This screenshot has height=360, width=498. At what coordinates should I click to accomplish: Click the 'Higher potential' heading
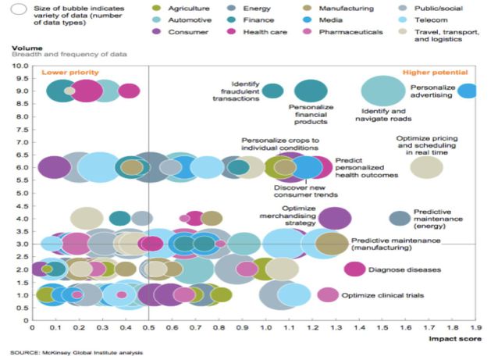(450, 72)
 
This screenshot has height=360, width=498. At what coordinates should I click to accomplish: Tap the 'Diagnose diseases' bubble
(354, 269)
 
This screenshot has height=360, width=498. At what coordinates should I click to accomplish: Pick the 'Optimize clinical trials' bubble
(328, 294)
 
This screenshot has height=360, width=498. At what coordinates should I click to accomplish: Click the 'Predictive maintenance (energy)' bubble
(400, 218)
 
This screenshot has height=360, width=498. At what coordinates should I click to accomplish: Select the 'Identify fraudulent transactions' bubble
(272, 91)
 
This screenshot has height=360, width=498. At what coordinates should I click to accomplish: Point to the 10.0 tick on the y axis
(20, 66)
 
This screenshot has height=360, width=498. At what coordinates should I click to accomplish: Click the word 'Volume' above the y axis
(21, 48)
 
